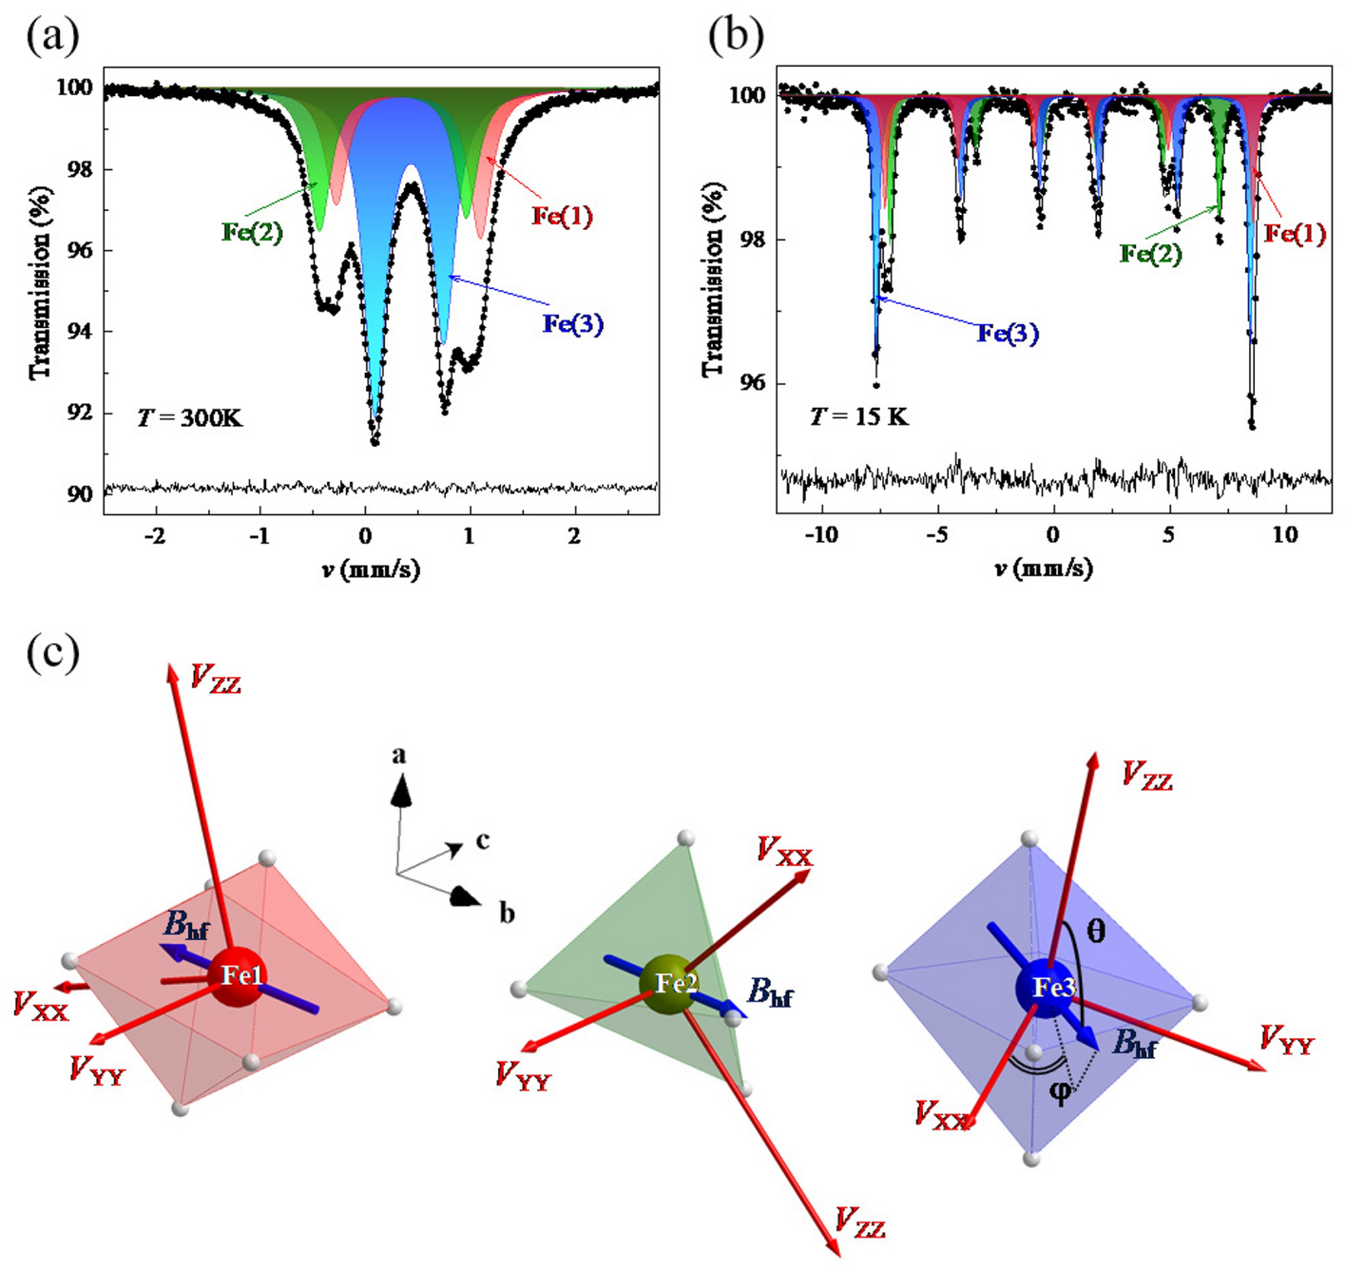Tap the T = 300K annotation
[189, 416]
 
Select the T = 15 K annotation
[858, 415]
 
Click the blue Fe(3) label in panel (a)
[572, 324]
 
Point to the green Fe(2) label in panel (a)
[252, 231]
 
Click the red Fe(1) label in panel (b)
[1294, 233]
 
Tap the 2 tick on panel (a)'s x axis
[573, 536]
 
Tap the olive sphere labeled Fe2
[669, 984]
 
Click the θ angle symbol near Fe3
[1095, 931]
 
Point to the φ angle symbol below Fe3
[1060, 1093]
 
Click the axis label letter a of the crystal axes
[399, 756]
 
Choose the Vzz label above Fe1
[216, 679]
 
